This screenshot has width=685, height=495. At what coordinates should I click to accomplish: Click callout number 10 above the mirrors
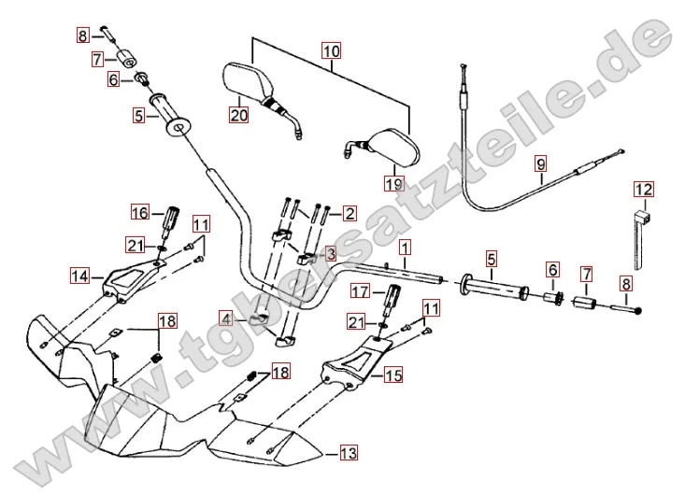coord(332,52)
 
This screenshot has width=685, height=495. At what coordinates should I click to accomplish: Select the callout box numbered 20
coord(239,115)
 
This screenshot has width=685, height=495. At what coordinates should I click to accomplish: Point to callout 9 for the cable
coord(540,165)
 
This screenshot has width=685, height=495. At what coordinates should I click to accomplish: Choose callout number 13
coord(348,454)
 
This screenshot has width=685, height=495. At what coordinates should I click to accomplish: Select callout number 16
coord(139,213)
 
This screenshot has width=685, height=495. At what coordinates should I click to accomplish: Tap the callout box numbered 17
coord(361,292)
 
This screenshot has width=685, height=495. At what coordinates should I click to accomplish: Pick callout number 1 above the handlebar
coord(404,248)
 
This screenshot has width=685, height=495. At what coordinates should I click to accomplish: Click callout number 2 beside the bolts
coord(349,213)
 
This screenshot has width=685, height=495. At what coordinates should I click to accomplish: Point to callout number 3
coord(330,253)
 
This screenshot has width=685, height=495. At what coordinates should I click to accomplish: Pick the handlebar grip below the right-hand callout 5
coord(492,286)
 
